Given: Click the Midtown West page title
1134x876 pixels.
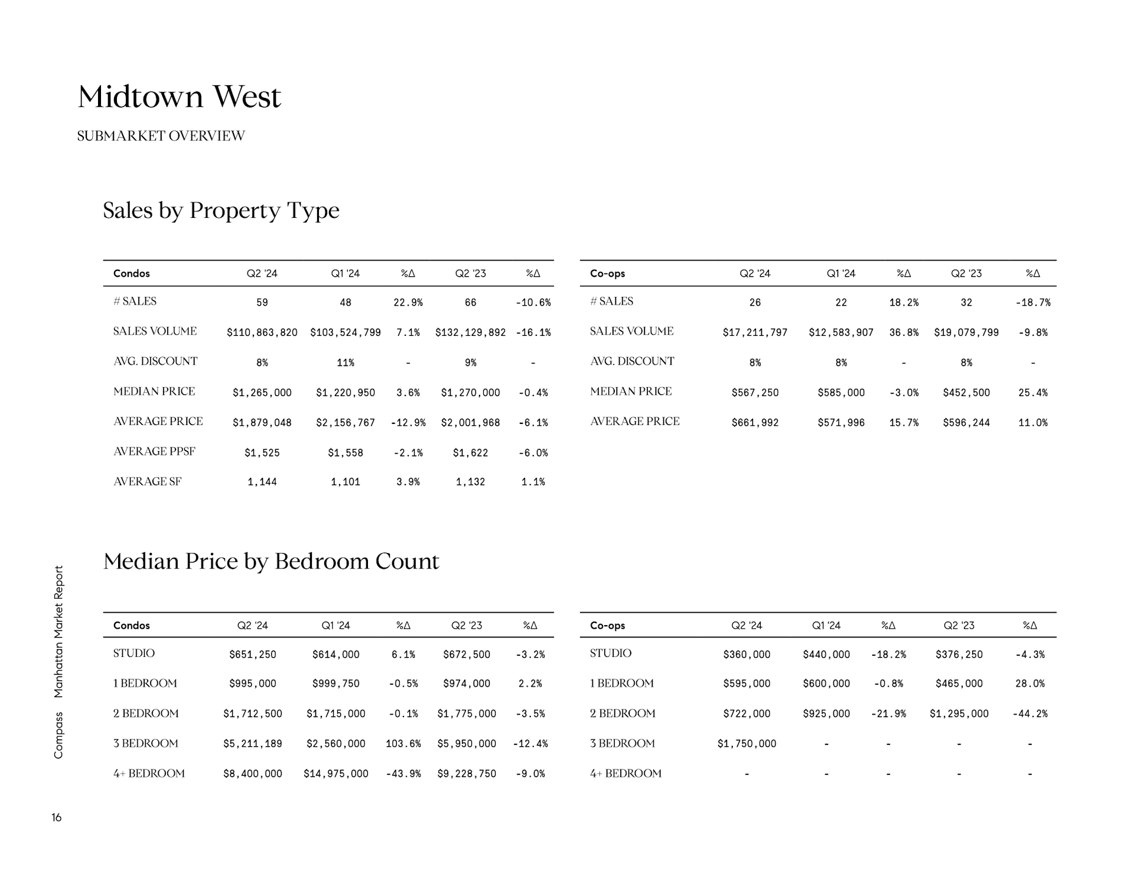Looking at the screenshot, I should click(x=179, y=97).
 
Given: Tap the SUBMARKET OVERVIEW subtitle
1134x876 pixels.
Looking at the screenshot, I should click(x=161, y=136).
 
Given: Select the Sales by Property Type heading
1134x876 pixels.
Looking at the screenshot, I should click(x=221, y=211).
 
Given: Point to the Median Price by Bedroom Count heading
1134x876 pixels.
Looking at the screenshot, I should click(x=271, y=561).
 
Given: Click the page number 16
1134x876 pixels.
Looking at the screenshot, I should click(x=57, y=818).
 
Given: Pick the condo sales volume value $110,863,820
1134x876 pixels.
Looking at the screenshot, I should click(x=262, y=332).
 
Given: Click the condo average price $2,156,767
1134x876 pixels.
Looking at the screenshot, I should click(x=345, y=423).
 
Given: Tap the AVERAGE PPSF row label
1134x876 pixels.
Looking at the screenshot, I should click(x=154, y=452).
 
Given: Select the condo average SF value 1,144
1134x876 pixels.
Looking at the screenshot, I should click(x=262, y=482).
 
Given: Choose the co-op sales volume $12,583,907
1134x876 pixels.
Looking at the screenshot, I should click(x=840, y=332).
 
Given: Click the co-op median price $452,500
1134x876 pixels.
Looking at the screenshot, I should click(x=966, y=393).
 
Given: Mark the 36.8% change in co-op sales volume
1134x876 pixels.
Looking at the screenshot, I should click(x=904, y=332).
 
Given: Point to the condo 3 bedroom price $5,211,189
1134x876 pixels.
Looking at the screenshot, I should click(x=252, y=744).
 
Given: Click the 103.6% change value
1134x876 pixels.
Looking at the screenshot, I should click(x=403, y=744).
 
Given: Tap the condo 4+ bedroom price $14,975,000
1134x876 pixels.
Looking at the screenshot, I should click(x=335, y=774).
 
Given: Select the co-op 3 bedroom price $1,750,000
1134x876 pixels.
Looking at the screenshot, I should click(x=747, y=744).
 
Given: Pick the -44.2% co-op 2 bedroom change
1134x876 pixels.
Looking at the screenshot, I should click(x=1029, y=714).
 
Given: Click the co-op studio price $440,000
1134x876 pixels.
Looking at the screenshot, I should click(x=826, y=654).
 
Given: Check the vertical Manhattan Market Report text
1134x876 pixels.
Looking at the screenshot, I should click(x=58, y=632).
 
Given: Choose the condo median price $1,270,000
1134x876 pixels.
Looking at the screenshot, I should click(x=470, y=393).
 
